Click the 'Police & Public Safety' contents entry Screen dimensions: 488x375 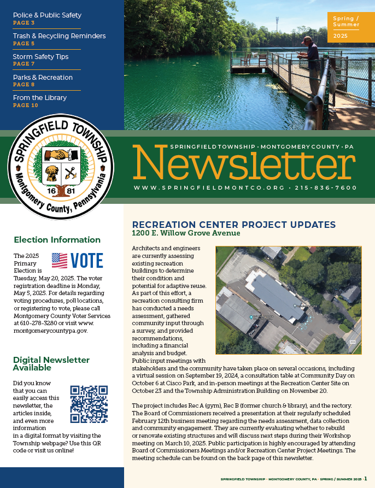point(47,15)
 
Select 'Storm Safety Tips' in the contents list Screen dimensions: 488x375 point(40,56)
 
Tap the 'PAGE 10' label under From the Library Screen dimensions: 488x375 point(26,105)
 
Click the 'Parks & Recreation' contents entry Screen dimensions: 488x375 point(43,78)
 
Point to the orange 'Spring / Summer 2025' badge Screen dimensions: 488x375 point(347,28)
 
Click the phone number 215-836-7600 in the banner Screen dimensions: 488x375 point(326,188)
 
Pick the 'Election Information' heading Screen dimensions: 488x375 point(57,240)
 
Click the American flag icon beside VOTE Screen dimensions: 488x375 point(60,261)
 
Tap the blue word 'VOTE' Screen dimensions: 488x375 point(87,261)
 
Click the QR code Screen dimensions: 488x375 point(89,404)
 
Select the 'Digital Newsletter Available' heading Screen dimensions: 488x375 point(51,363)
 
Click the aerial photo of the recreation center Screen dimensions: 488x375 point(288,299)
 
